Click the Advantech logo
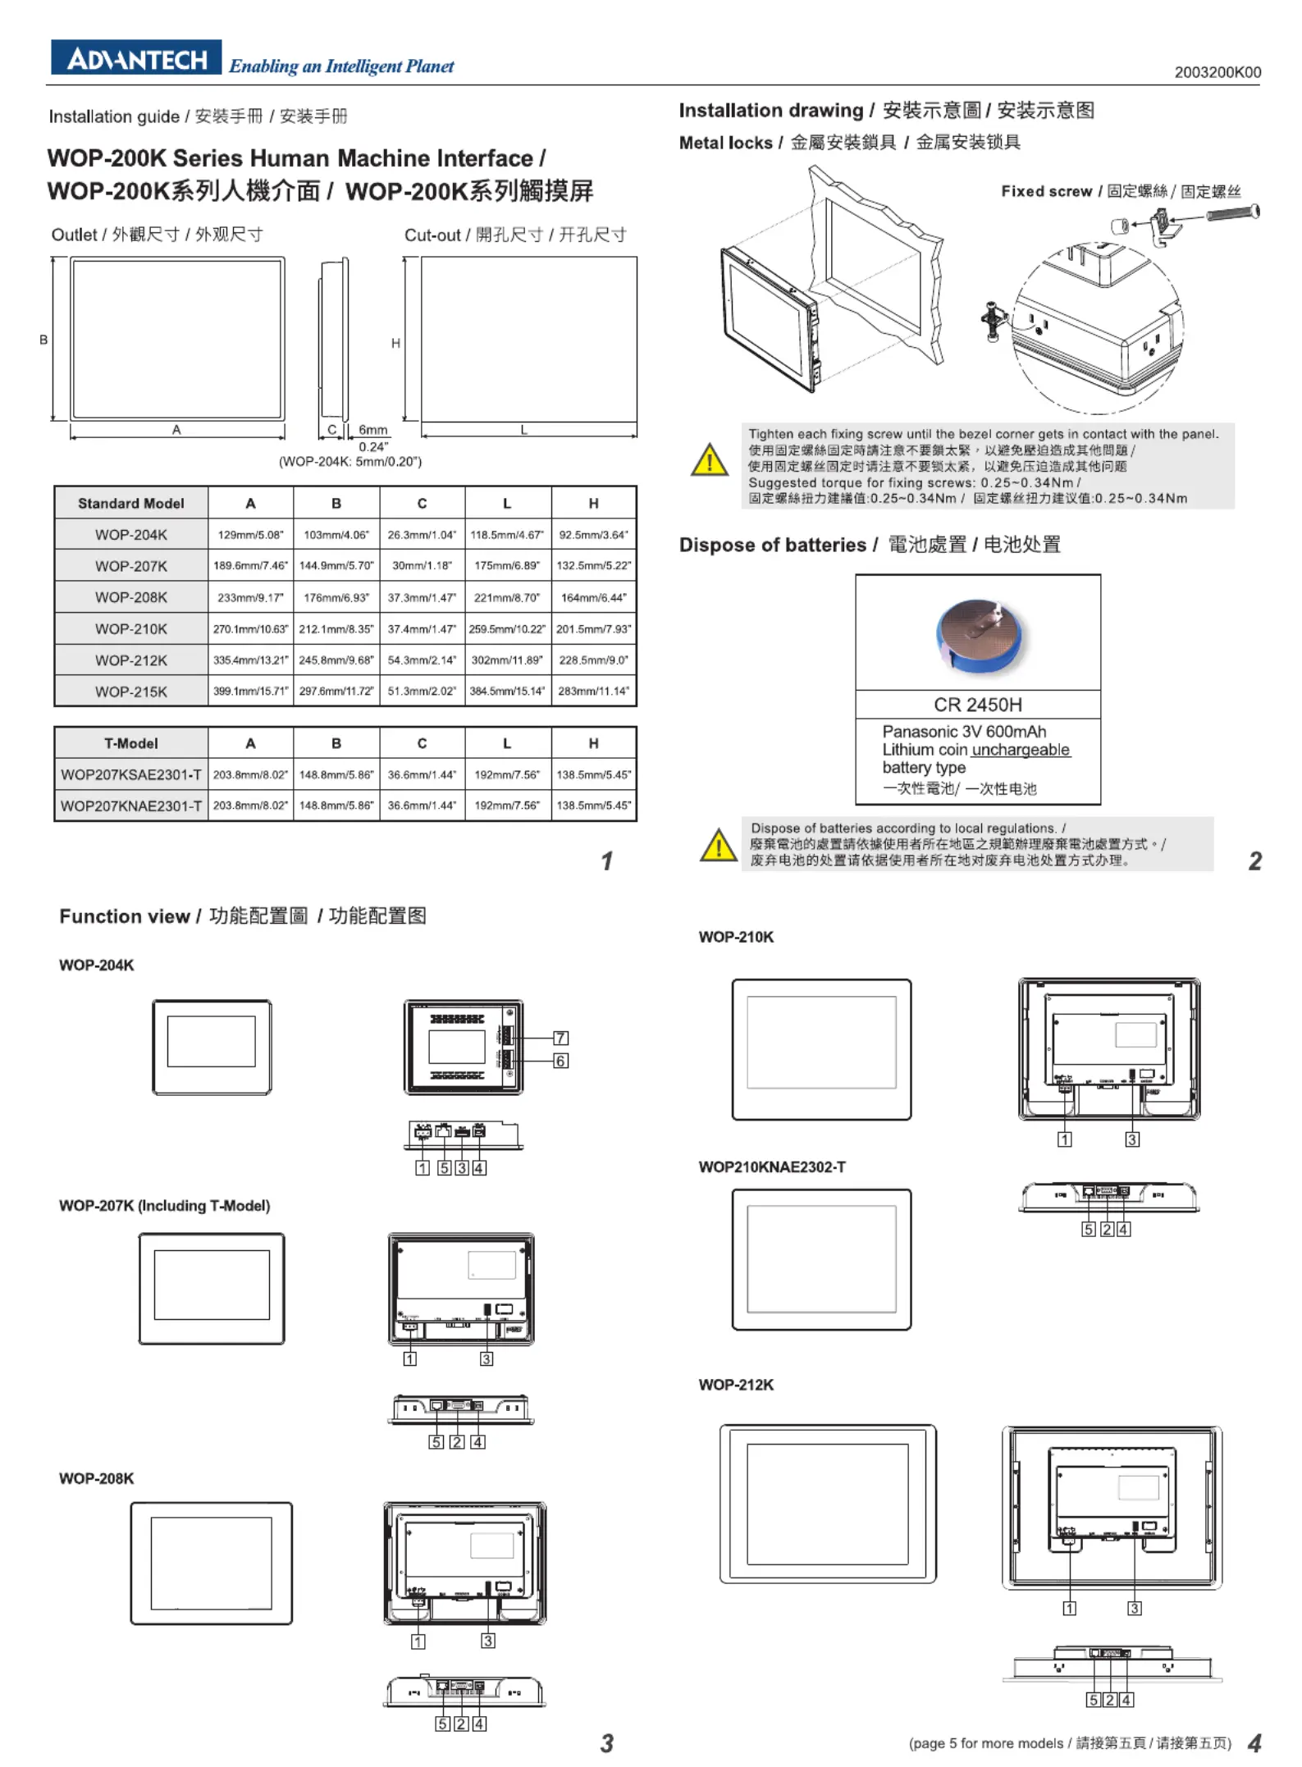[x=136, y=58]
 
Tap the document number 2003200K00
[x=1217, y=72]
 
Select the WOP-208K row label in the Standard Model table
[x=130, y=597]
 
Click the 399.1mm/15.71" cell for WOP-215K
[x=250, y=691]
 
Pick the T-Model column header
[x=130, y=743]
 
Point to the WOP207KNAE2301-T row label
[x=130, y=806]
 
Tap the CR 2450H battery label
[x=977, y=705]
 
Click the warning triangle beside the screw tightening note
[x=709, y=460]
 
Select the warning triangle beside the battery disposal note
[x=719, y=845]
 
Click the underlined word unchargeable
[x=1021, y=750]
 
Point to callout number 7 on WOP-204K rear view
[x=560, y=1038]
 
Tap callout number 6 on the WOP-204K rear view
[x=560, y=1061]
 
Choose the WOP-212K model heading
[x=736, y=1385]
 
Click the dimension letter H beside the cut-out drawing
[x=395, y=343]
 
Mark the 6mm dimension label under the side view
[x=372, y=430]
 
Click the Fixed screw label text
[x=1046, y=191]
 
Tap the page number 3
[x=606, y=1743]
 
